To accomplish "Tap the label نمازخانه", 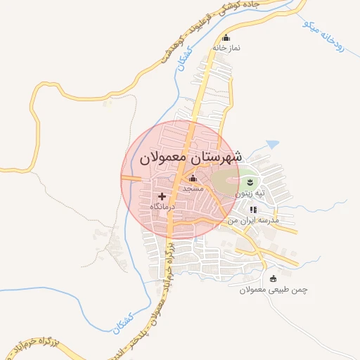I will click(226, 48).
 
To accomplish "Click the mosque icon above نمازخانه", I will click(226, 38).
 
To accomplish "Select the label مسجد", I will click(193, 189).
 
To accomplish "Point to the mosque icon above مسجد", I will click(193, 180).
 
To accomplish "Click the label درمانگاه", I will click(162, 207).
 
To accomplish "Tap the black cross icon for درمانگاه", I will click(162, 197).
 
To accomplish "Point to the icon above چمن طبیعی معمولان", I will click(273, 279).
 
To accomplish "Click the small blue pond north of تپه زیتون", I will click(272, 144).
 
